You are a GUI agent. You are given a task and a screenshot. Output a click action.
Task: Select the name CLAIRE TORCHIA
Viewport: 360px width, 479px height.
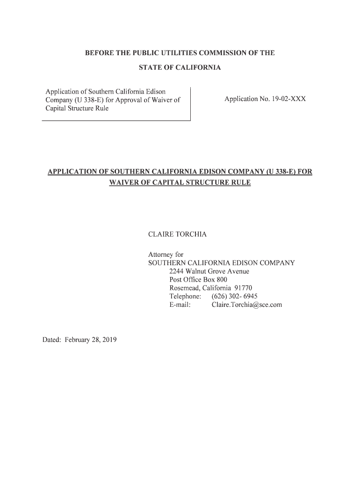177,234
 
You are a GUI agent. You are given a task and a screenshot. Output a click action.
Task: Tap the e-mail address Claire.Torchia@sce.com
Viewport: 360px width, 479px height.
246,305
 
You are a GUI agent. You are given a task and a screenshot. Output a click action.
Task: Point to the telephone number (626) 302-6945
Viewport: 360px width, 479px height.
234,297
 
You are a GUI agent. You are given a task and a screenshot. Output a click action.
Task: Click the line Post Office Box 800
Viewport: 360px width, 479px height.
198,280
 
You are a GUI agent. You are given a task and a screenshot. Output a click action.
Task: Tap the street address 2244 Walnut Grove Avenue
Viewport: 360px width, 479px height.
209,271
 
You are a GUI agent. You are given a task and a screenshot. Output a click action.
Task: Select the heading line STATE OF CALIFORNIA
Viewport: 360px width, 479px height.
180,68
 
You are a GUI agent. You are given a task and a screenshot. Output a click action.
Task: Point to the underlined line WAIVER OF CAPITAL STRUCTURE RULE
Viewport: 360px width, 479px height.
180,182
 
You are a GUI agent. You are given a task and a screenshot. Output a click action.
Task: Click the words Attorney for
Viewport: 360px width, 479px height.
166,254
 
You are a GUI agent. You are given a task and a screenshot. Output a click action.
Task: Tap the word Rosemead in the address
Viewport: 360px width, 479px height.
185,288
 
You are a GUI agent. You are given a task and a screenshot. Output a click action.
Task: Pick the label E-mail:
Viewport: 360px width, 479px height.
180,305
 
